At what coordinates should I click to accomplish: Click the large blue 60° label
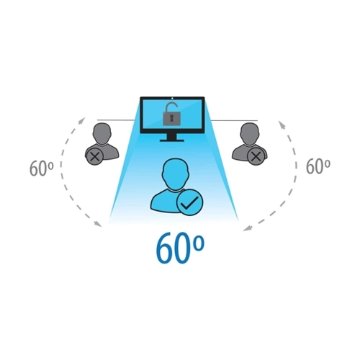pyautogui.click(x=180, y=248)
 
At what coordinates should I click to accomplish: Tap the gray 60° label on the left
pyautogui.click(x=41, y=168)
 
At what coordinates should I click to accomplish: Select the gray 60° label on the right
pyautogui.click(x=318, y=166)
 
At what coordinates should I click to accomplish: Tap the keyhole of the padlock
pyautogui.click(x=172, y=118)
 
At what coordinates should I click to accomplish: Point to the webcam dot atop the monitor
pyautogui.click(x=173, y=98)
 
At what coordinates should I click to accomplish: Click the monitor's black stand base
pyautogui.click(x=172, y=140)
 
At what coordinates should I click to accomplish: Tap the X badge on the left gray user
pyautogui.click(x=96, y=156)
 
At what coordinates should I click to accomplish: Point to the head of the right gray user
pyautogui.click(x=250, y=133)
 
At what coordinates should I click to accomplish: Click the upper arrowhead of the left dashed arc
pyautogui.click(x=82, y=120)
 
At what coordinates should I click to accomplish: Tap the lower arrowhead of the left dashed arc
pyautogui.click(x=97, y=223)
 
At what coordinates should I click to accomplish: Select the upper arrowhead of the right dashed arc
pyautogui.click(x=282, y=125)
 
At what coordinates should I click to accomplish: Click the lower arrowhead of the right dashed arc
pyautogui.click(x=247, y=228)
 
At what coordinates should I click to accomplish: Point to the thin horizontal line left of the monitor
pyautogui.click(x=116, y=120)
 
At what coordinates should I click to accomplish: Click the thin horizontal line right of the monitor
pyautogui.click(x=234, y=120)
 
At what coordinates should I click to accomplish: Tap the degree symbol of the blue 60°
pyautogui.click(x=199, y=243)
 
